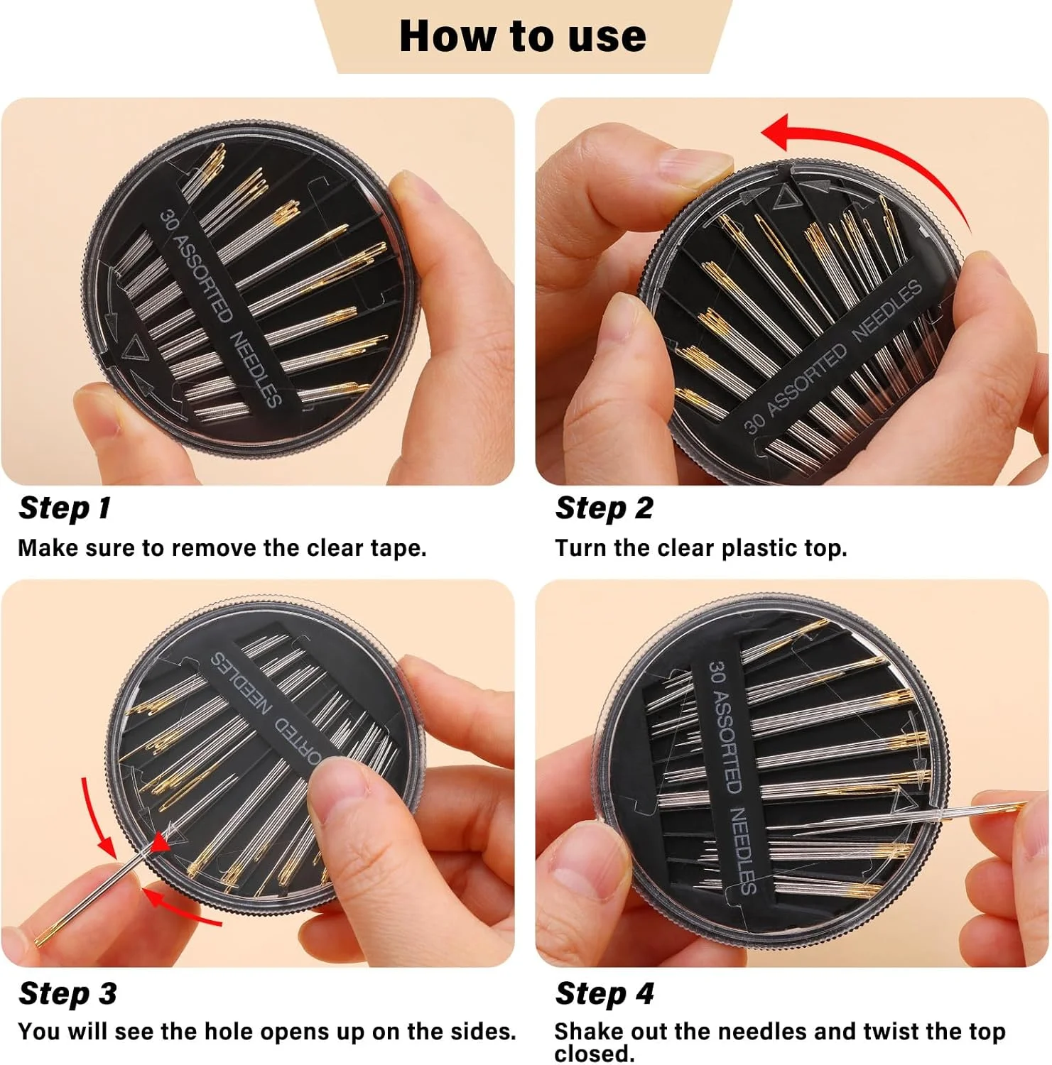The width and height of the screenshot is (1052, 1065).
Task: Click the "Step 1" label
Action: (x=65, y=508)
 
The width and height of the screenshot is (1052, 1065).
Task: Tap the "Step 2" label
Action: (x=604, y=508)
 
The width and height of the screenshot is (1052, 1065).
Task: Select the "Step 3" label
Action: (x=67, y=993)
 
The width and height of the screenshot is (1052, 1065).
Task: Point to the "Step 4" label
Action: (x=604, y=993)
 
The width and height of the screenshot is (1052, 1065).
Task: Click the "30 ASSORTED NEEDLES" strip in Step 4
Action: (x=729, y=774)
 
